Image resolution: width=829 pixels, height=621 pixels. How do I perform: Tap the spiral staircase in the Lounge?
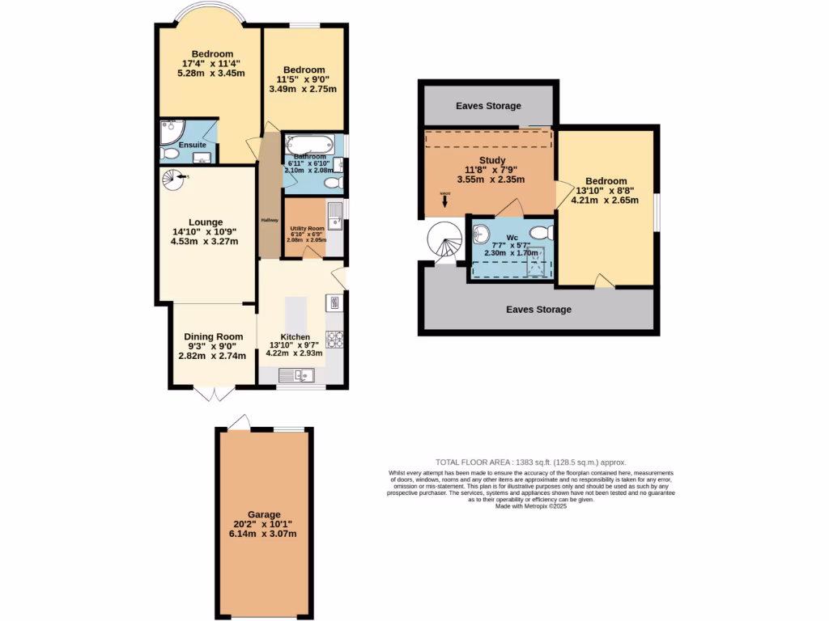[x=172, y=181]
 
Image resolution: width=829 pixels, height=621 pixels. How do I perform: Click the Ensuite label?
[x=192, y=145]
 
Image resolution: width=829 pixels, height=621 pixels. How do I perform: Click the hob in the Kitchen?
[x=334, y=339]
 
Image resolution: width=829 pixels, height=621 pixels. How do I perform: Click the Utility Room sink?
[x=334, y=213]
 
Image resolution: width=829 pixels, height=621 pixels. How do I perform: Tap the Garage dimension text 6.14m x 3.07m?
[x=264, y=534]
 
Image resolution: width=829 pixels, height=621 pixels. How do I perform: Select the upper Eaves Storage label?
[x=488, y=106]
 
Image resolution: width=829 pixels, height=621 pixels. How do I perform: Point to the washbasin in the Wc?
[x=479, y=234]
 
